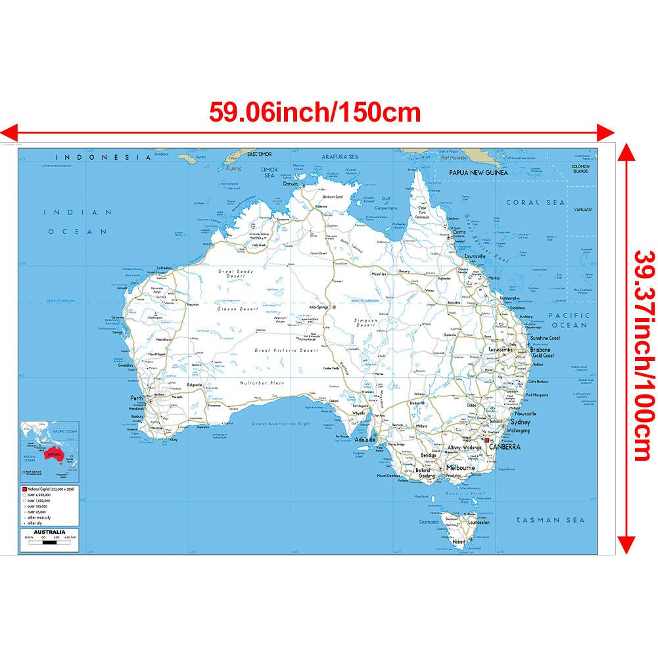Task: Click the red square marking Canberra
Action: click(x=486, y=440)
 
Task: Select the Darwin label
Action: click(x=291, y=184)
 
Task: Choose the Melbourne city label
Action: click(x=460, y=467)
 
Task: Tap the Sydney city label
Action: click(x=538, y=424)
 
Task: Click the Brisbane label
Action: click(x=540, y=350)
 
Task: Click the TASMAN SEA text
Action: click(x=550, y=520)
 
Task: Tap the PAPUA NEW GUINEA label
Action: click(x=478, y=172)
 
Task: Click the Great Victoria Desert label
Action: click(x=286, y=351)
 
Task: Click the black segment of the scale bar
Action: click(x=36, y=543)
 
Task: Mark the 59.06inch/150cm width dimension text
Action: click(x=314, y=112)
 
